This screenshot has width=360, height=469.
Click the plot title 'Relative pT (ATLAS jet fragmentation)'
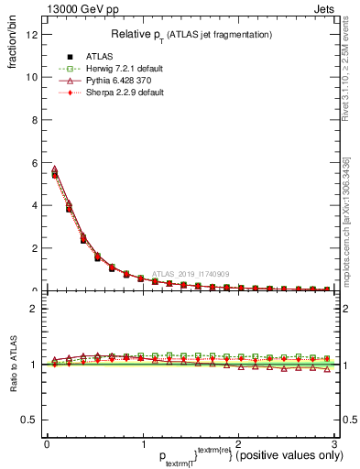[x=191, y=34]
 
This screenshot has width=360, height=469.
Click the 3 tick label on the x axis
[x=334, y=442]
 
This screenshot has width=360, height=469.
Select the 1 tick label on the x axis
[x=142, y=442]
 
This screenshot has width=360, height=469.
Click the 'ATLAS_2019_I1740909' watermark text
[x=192, y=273]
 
